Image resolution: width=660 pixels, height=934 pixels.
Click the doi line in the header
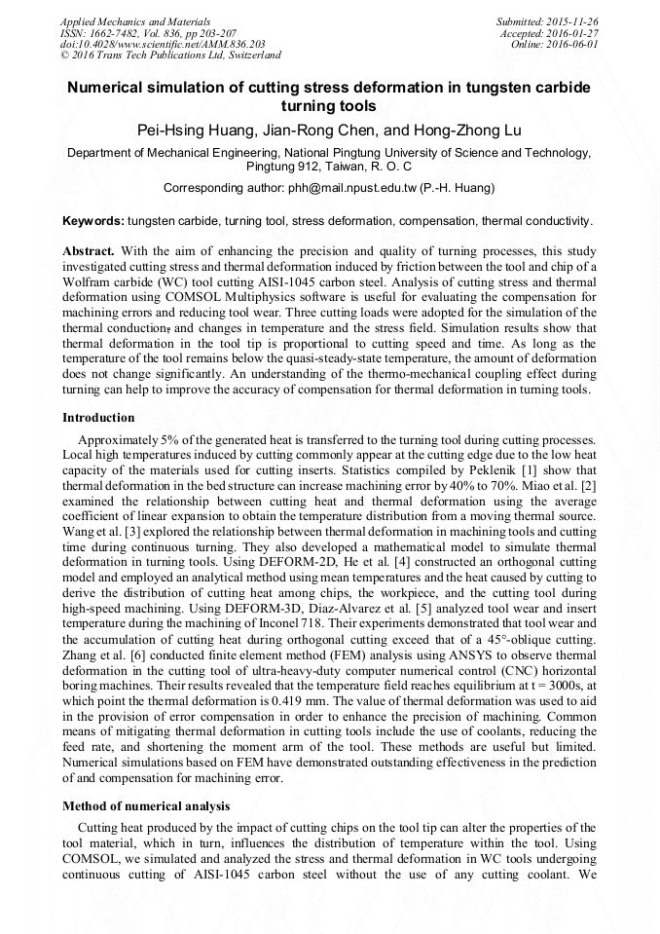(163, 44)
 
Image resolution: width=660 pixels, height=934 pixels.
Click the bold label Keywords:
(92, 221)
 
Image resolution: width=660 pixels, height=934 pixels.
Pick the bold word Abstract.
(89, 250)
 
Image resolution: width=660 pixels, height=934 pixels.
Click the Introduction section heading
(98, 418)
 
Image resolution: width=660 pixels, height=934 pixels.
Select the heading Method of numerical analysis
(146, 806)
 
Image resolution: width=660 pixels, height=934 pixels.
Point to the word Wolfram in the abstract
(86, 281)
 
